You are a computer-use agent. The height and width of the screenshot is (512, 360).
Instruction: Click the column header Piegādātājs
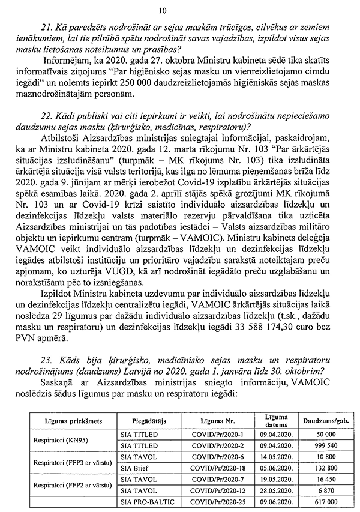(142, 421)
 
